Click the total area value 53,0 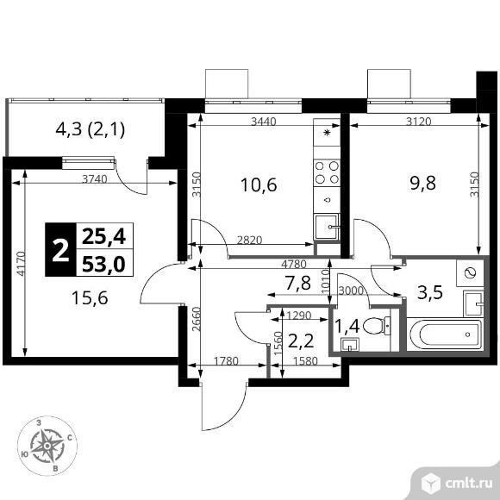point(103,262)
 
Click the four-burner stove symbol point(327,167)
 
